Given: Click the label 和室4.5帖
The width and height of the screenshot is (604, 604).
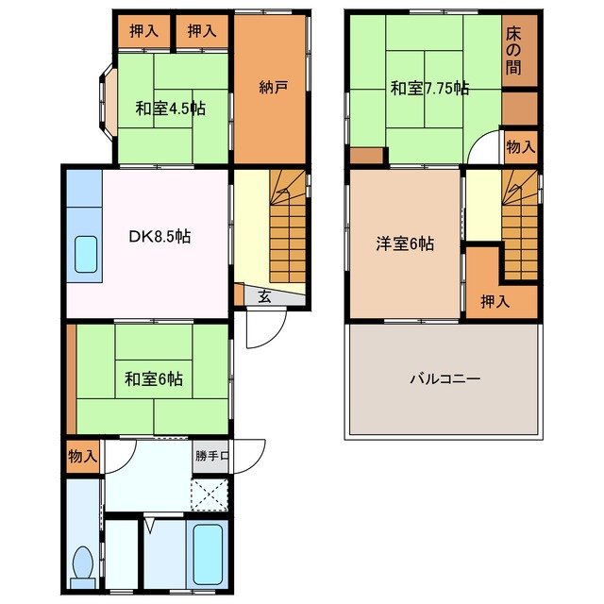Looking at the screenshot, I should point(169,108).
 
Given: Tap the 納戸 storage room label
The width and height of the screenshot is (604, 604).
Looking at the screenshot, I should point(273,88).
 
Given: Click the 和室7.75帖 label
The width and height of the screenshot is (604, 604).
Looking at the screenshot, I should point(430,89).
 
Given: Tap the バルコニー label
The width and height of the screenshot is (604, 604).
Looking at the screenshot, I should point(445,379).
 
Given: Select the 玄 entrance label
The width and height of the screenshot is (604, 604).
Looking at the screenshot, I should point(265,296).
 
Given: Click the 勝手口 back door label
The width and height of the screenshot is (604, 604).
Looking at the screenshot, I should point(212,457).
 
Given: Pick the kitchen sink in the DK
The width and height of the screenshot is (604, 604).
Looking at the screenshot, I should point(86,255).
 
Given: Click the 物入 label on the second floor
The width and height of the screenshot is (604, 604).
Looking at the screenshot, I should point(520,146).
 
